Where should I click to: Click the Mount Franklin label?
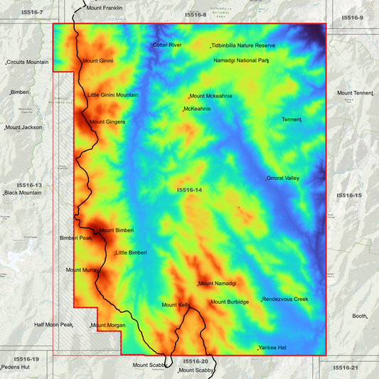[104, 8]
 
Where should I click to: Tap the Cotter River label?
[167, 45]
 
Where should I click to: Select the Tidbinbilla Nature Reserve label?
[243, 46]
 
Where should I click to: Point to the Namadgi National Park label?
[240, 60]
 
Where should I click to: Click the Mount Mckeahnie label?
[211, 96]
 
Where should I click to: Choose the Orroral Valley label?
[283, 178]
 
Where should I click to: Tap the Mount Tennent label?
[355, 93]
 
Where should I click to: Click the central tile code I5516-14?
[189, 190]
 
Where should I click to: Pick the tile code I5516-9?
[352, 17]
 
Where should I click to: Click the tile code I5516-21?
[346, 368]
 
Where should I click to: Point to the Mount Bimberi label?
[117, 230]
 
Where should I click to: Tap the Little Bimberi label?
[132, 252]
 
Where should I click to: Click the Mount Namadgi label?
[218, 284]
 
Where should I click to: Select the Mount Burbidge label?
[230, 302]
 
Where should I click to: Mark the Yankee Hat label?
[272, 348]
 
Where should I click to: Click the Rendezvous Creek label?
[286, 299]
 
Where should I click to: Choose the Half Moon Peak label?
[54, 324]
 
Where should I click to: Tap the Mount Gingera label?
[107, 122]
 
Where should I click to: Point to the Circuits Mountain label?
[28, 63]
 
